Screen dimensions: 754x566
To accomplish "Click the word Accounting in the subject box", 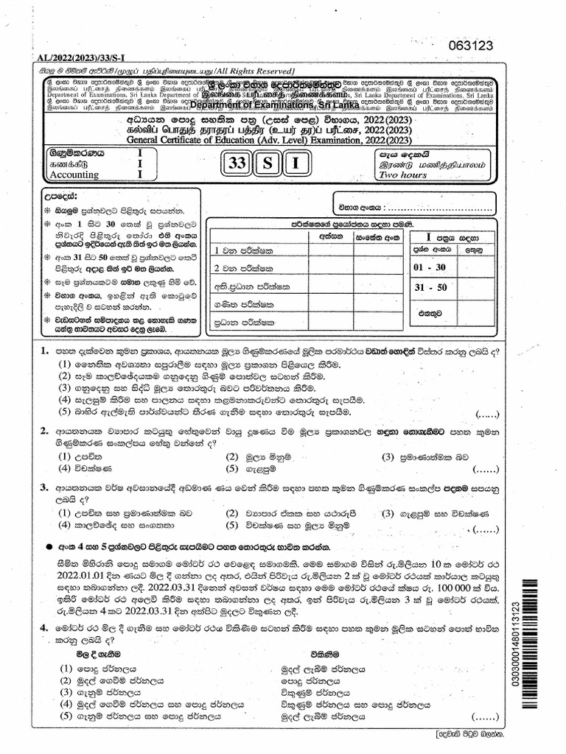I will click(77, 175).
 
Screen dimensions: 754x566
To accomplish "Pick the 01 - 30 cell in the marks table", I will click(429, 264).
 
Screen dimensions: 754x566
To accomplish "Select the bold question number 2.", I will click(45, 431).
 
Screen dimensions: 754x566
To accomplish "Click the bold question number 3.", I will click(45, 487).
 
